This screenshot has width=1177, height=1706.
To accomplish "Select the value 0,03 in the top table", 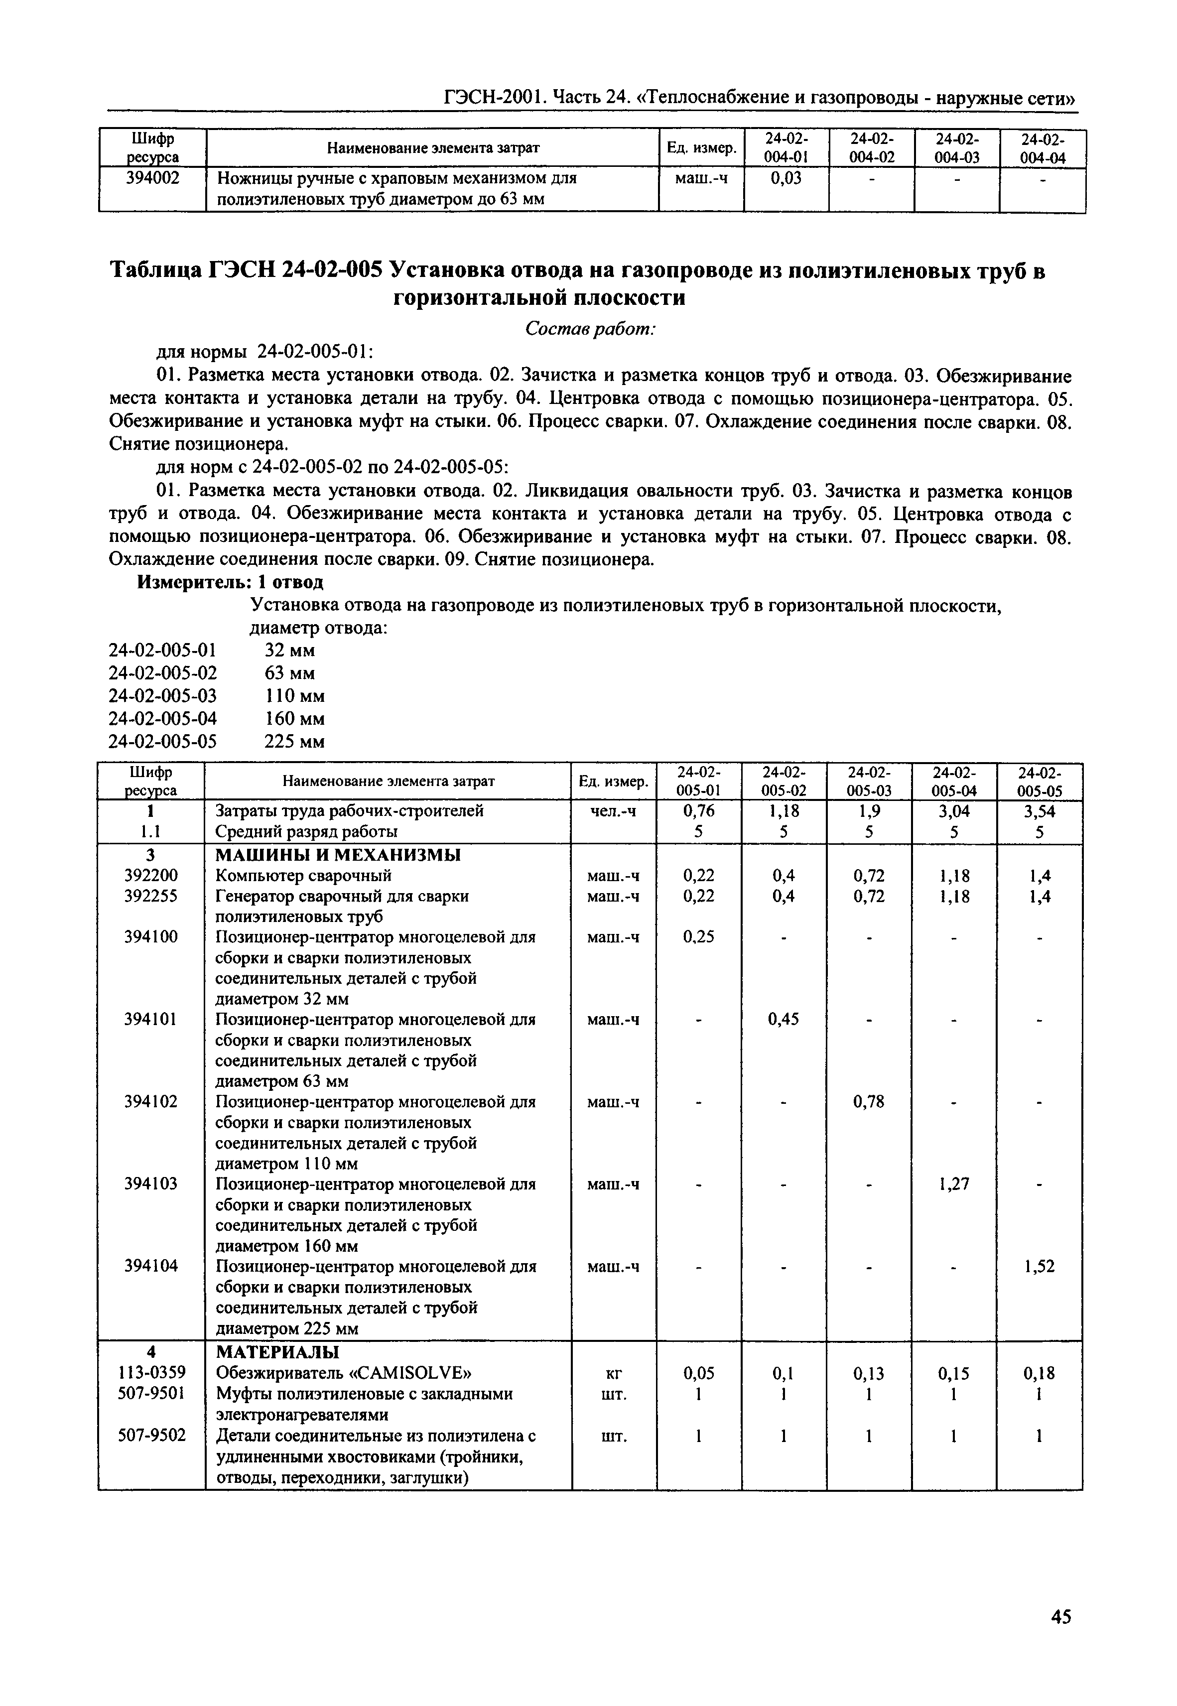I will pos(785,178).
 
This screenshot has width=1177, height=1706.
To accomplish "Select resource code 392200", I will pos(152,876).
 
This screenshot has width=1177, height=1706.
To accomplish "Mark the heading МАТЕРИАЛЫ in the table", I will pos(277,1352).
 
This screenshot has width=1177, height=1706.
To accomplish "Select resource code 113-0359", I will pos(152,1373).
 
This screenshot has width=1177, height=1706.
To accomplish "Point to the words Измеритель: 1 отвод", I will pos(231,582).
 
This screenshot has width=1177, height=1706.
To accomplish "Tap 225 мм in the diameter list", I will pos(294,741).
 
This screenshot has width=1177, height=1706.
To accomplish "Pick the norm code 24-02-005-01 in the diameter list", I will pos(163,650).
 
